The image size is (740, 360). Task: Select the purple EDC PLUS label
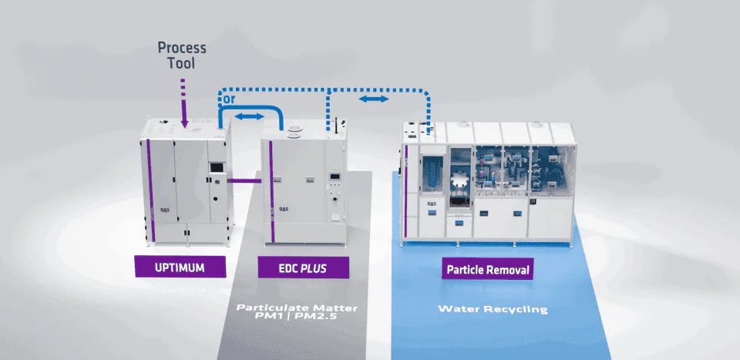[x=303, y=267]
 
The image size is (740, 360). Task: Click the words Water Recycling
[x=493, y=309]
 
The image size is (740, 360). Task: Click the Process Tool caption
[x=183, y=56]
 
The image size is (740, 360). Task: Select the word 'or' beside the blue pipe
[x=228, y=99]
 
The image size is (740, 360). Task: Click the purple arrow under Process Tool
[x=183, y=103]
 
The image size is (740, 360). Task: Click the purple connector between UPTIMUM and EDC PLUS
[x=244, y=180]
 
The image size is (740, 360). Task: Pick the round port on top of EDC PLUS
[x=293, y=136]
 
